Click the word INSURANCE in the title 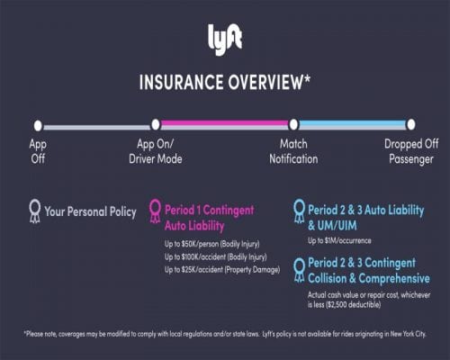coord(184,82)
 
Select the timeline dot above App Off coord(38,125)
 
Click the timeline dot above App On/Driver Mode coord(155,125)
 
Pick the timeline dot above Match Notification coord(293,125)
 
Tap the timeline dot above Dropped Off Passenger coord(411,125)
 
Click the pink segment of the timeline coord(224,125)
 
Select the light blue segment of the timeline coord(352,125)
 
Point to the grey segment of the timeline coord(96,126)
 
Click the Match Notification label coord(293,151)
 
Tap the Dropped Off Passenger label coord(410,151)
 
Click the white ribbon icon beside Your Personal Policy coord(34,211)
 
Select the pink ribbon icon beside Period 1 coord(155,211)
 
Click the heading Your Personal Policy coord(90,212)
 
